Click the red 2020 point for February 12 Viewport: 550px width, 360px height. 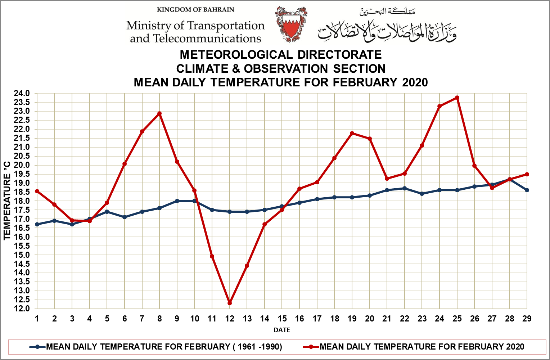(x=230, y=303)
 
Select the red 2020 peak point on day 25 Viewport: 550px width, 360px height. (x=457, y=98)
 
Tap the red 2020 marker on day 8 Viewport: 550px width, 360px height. (x=159, y=113)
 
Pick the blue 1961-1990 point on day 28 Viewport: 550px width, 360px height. (x=510, y=179)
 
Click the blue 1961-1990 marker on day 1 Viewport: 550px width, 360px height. (x=37, y=224)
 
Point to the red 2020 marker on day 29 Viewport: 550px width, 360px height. (x=527, y=174)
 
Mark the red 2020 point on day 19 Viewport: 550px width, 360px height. (x=352, y=133)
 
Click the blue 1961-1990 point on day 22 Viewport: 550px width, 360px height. (x=405, y=188)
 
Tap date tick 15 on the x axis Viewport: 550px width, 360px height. (x=282, y=319)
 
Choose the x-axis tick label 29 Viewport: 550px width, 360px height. (x=527, y=319)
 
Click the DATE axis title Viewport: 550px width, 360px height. (x=282, y=330)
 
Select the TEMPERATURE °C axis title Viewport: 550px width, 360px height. (x=7, y=201)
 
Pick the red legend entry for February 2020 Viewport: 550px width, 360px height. (x=414, y=347)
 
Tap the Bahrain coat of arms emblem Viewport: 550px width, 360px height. (x=291, y=24)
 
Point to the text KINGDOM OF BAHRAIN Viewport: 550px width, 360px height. (x=195, y=10)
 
